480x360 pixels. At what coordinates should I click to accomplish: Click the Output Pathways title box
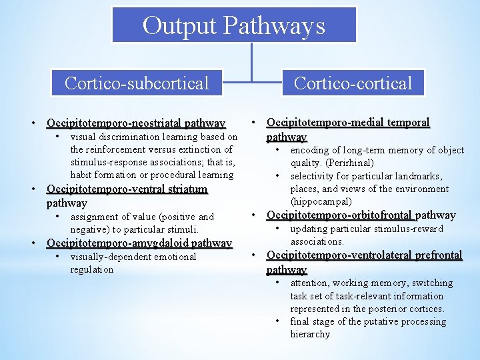click(233, 25)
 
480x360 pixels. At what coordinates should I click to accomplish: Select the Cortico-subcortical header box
click(137, 83)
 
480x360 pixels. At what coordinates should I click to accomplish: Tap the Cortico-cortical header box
click(353, 83)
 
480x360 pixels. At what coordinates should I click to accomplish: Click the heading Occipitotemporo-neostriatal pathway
click(136, 123)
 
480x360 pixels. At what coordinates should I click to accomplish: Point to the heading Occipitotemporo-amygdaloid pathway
click(139, 243)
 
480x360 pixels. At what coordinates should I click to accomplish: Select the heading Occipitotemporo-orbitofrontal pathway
click(361, 215)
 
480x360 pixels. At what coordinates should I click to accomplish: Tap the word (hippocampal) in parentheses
click(321, 201)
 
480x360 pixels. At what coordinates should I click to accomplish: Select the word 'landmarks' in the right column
click(420, 176)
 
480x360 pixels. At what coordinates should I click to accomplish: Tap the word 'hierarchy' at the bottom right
click(310, 334)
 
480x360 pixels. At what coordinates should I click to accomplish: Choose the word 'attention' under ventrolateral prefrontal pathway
click(310, 283)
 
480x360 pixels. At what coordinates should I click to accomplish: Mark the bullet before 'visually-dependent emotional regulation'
click(59, 257)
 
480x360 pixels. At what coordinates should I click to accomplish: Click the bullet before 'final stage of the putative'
click(277, 321)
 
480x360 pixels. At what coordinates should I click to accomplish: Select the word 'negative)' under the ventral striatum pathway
click(92, 229)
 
